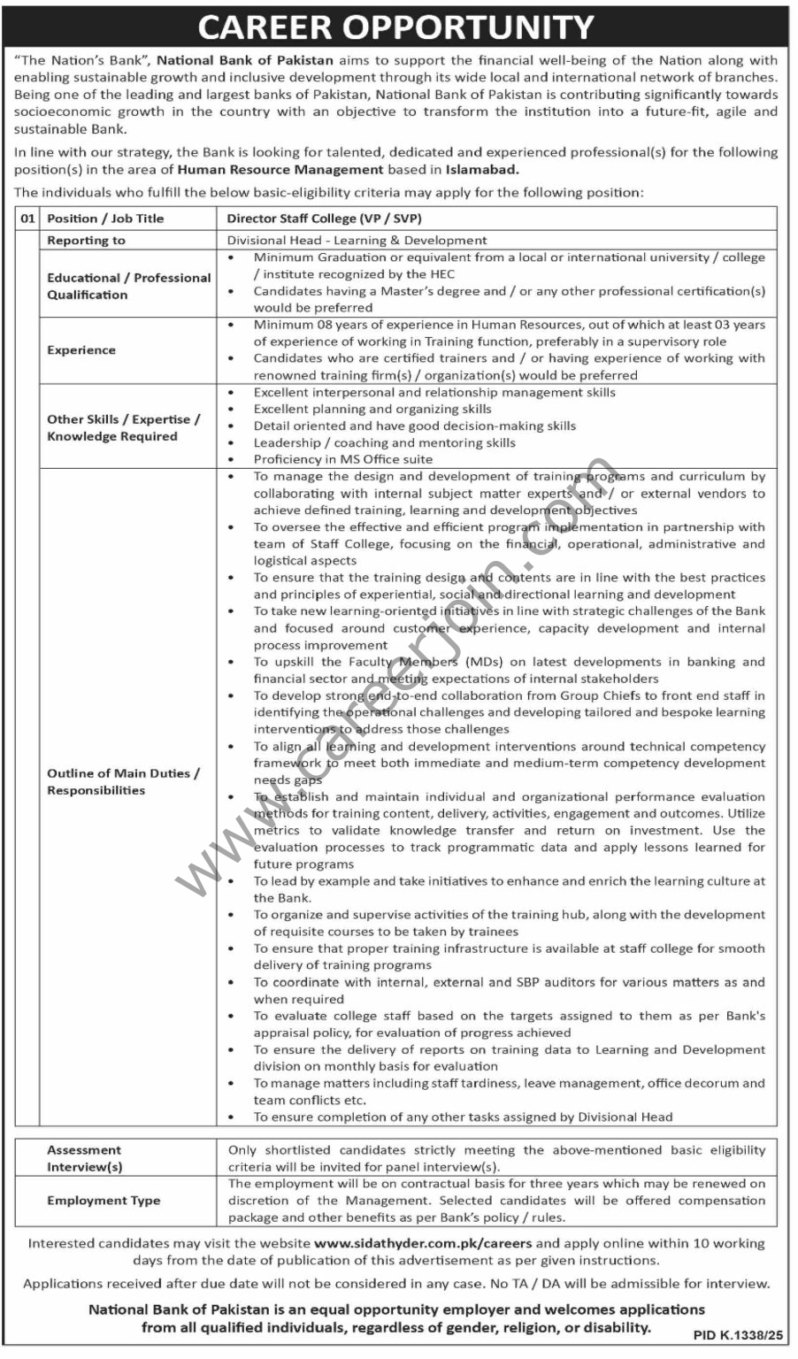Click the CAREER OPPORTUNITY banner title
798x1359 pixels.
pyautogui.click(x=395, y=27)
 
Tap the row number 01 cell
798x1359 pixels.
pyautogui.click(x=27, y=219)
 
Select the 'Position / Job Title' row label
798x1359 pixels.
pyautogui.click(x=105, y=219)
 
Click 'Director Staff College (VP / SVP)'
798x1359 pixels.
pyautogui.click(x=324, y=219)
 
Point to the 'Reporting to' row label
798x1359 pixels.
pyautogui.click(x=86, y=241)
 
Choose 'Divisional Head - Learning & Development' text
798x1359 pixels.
pyautogui.click(x=357, y=241)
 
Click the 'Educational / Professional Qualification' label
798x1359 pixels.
pyautogui.click(x=128, y=286)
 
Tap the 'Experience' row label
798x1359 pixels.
pyautogui.click(x=81, y=350)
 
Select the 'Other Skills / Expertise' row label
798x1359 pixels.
pyautogui.click(x=123, y=427)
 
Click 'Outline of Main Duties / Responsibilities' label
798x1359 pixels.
pyautogui.click(x=123, y=781)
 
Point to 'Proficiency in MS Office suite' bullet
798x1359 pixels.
pyautogui.click(x=343, y=459)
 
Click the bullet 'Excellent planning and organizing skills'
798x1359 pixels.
pyautogui.click(x=372, y=409)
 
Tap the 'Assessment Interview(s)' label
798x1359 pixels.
pyautogui.click(x=85, y=1158)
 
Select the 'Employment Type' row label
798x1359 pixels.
pyautogui.click(x=104, y=1201)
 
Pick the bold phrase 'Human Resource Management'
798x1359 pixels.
pyautogui.click(x=280, y=169)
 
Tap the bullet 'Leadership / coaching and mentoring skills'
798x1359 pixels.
pyautogui.click(x=384, y=442)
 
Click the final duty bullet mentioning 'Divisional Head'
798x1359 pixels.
pyautogui.click(x=463, y=1117)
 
